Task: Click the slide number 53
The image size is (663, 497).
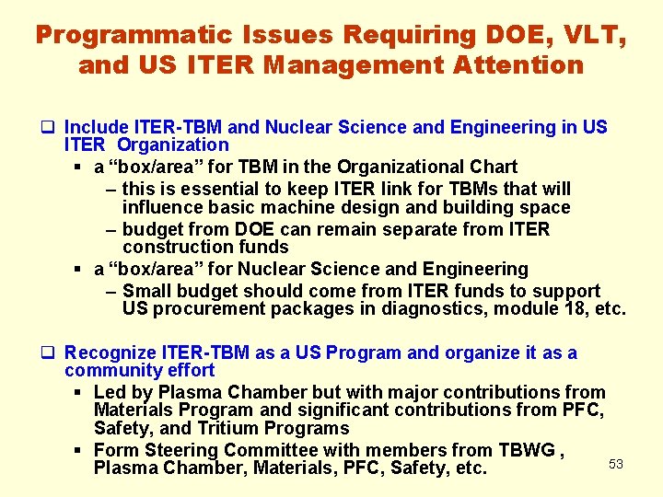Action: click(616, 464)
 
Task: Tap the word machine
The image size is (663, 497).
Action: click(274, 208)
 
